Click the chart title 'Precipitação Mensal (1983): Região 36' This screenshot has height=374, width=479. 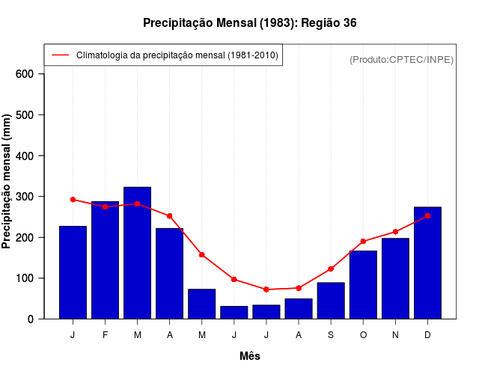coord(249,23)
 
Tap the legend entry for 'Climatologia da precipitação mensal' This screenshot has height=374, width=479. coord(177,55)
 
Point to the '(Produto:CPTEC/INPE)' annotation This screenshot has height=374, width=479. coord(401,59)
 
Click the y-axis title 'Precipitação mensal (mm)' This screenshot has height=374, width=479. coord(7,182)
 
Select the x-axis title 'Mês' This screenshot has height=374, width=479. coord(250,356)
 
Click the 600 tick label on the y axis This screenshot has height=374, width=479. coord(25,74)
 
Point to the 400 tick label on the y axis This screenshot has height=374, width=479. coord(25,156)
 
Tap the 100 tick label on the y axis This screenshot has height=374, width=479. coord(25,278)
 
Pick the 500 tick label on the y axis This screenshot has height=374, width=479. coord(25,114)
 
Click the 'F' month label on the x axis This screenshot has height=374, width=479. coord(106,335)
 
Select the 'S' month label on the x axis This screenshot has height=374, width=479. coord(331,335)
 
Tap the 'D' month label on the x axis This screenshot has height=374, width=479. coord(427,335)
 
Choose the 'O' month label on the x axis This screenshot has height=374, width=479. coord(363,335)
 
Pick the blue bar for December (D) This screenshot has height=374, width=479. coord(427,263)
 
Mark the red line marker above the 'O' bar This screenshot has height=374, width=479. coord(363,242)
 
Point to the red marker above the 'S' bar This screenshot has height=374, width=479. coord(331,269)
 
